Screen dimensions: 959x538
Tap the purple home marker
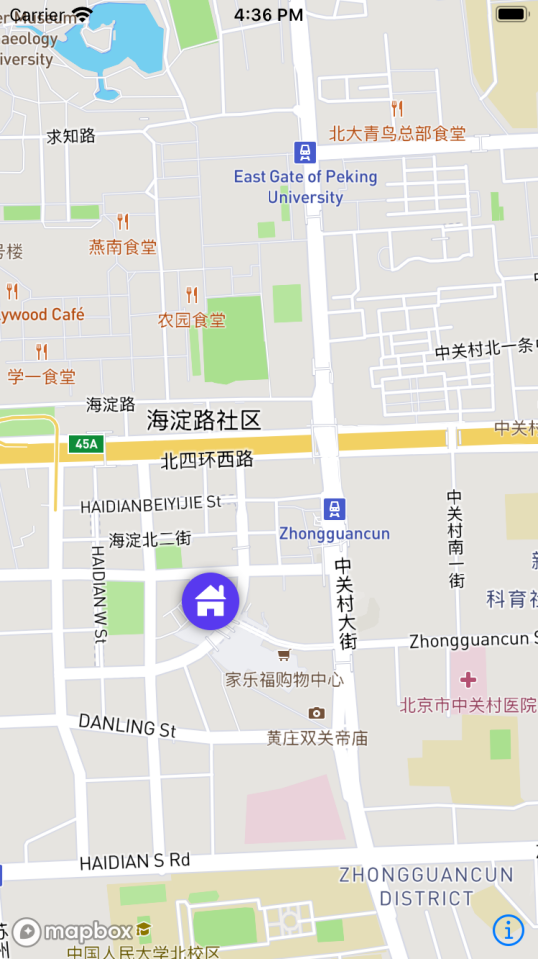(210, 601)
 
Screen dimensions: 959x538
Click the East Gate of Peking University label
(305, 186)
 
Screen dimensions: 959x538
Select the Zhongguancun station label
(334, 533)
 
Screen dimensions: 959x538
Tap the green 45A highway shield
(86, 443)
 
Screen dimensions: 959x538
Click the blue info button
(508, 930)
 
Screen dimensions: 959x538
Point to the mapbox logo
(72, 931)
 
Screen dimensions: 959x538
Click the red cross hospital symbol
(467, 680)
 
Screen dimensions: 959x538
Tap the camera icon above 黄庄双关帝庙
(316, 713)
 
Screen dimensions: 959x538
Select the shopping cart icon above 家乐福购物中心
(284, 655)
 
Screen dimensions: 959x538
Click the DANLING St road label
(127, 725)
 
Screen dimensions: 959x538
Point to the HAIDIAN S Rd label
(135, 860)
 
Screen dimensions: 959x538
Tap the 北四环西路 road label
(207, 460)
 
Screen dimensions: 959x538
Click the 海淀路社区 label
(204, 420)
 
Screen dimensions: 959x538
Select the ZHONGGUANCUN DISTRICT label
(426, 886)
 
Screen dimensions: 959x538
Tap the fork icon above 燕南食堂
(123, 221)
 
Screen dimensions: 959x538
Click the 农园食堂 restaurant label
(192, 320)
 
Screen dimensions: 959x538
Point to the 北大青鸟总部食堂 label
(397, 133)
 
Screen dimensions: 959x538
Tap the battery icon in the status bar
(511, 14)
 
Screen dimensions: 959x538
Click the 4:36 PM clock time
(269, 15)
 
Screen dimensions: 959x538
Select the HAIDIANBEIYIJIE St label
(151, 504)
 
